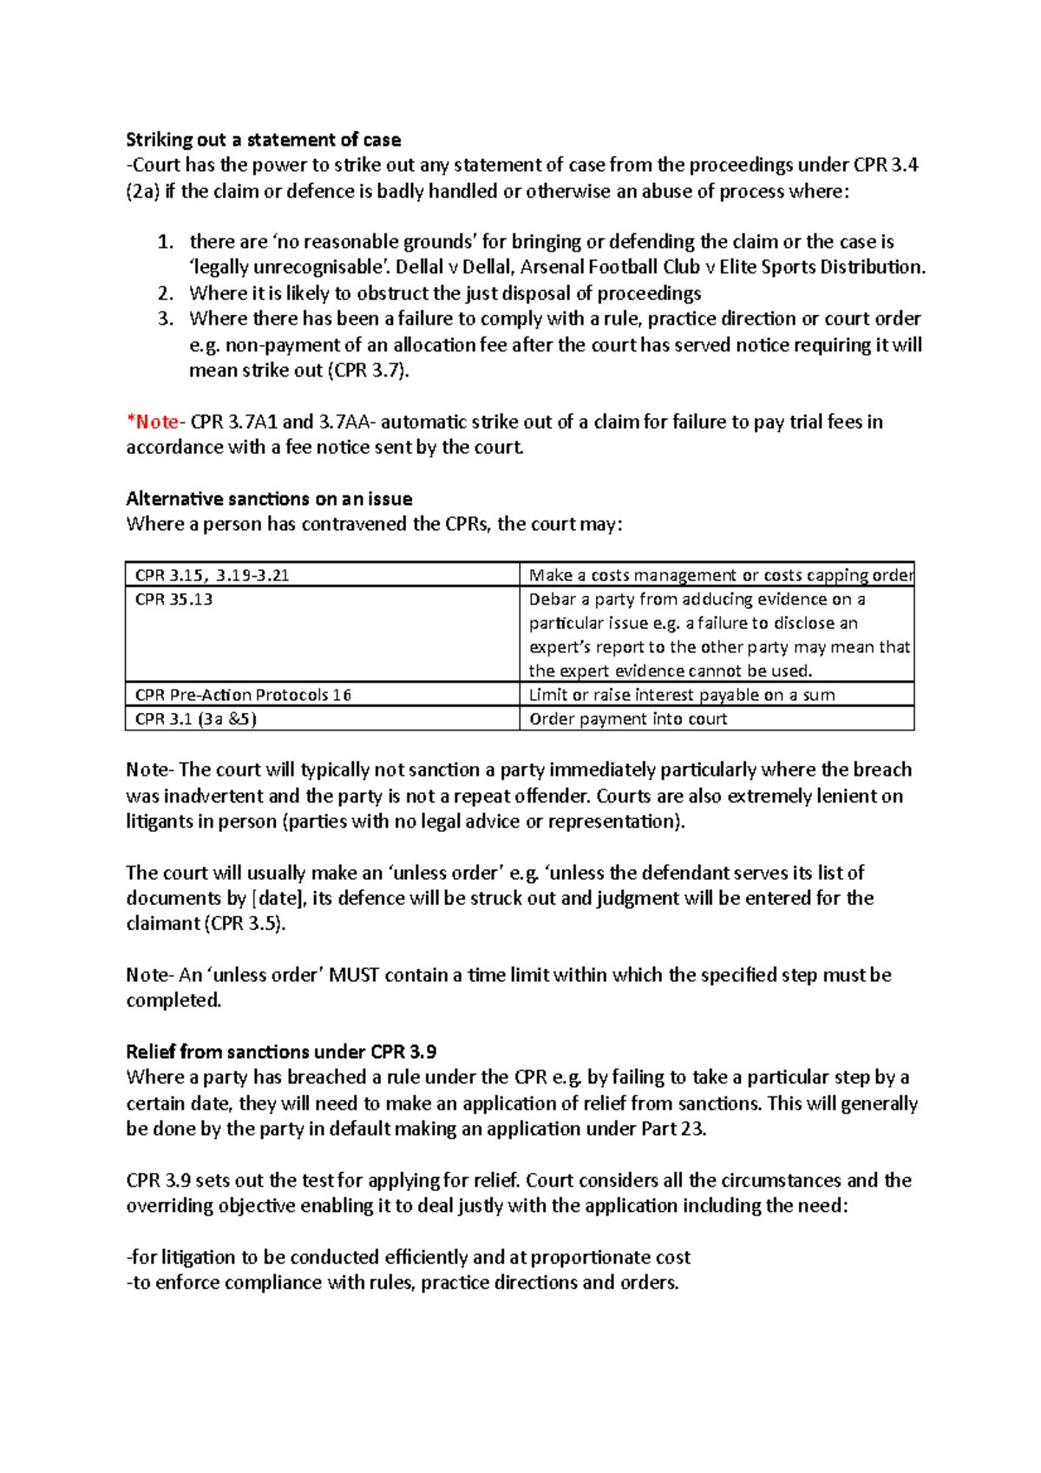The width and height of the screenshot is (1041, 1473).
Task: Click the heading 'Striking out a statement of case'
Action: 263,140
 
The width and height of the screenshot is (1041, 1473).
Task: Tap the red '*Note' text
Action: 154,422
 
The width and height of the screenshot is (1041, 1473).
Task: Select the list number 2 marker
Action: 166,293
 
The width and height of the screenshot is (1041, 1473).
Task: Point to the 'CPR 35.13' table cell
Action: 173,599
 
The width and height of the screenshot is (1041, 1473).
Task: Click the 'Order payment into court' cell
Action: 628,718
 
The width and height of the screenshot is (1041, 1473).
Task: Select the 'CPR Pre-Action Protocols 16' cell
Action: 243,694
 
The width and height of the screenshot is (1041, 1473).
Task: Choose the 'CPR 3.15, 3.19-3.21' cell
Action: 212,575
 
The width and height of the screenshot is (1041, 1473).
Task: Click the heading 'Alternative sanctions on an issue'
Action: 269,499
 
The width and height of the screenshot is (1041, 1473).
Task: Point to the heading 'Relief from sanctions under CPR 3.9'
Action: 280,1051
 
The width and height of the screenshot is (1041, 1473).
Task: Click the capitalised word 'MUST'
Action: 354,975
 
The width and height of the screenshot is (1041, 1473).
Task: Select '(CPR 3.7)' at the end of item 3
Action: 368,370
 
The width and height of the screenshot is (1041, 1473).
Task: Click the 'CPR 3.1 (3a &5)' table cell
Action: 195,718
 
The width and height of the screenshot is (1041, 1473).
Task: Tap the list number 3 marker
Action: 166,318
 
